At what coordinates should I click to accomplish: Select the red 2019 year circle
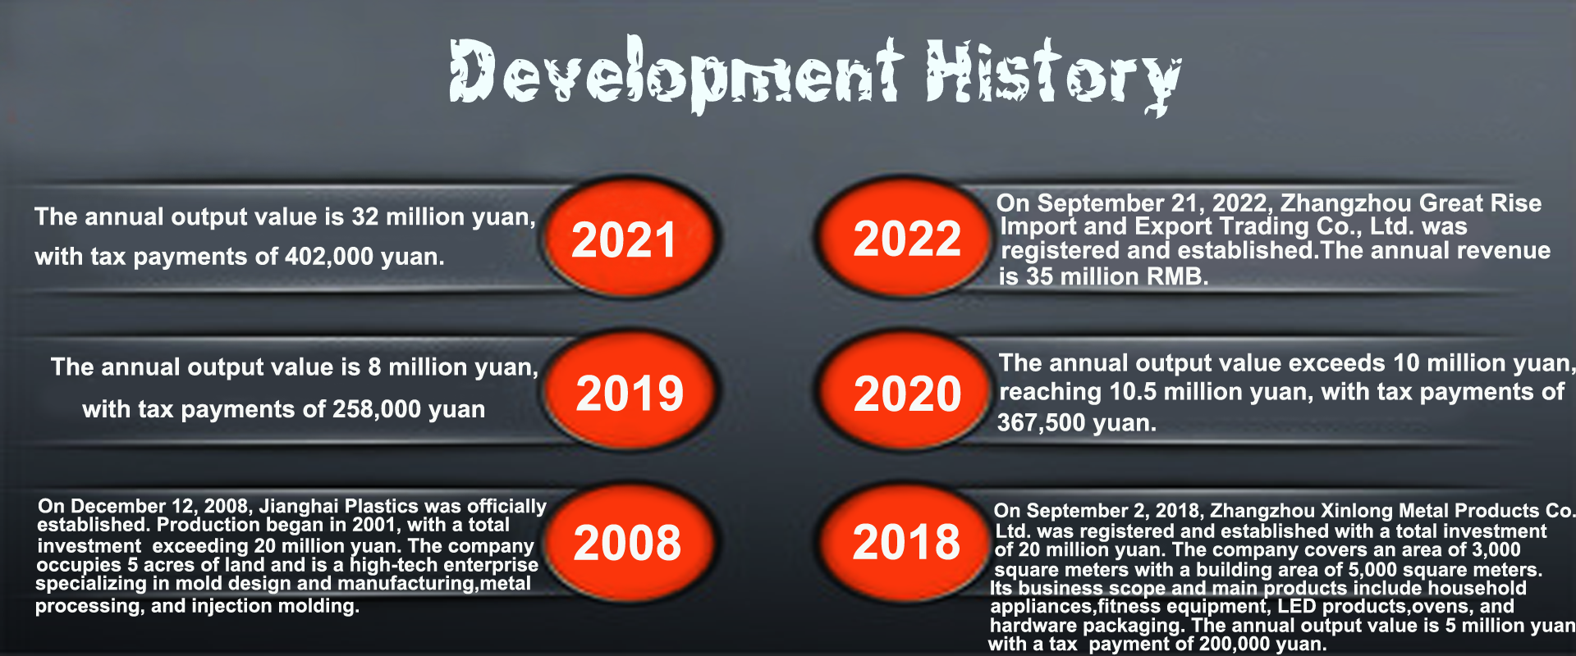click(x=629, y=391)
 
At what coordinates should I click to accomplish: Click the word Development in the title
click(x=676, y=74)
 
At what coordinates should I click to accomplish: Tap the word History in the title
click(x=1053, y=75)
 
